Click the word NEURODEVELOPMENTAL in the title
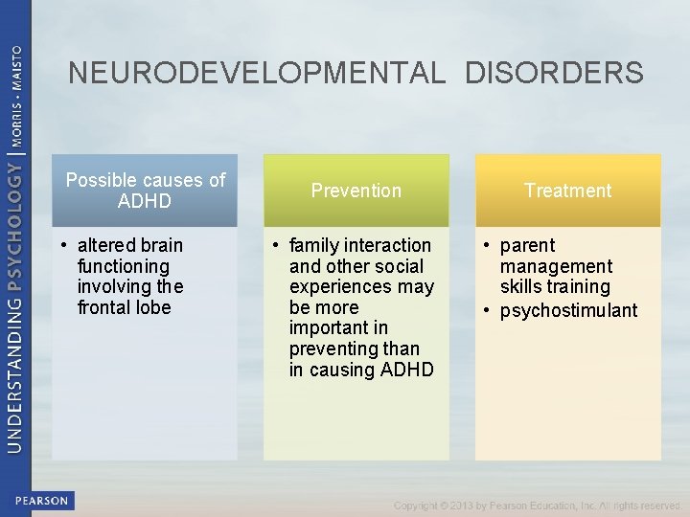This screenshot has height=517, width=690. [x=257, y=73]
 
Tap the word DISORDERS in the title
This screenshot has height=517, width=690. [x=555, y=73]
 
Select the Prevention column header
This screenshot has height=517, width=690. [x=356, y=191]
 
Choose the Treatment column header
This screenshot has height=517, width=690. [x=567, y=191]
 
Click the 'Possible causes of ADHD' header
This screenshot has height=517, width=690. [x=145, y=190]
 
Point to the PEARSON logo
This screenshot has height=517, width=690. [x=41, y=501]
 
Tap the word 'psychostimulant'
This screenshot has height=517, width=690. [x=568, y=310]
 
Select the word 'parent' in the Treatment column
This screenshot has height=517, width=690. [x=527, y=246]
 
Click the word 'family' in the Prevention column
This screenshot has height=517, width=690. [x=315, y=246]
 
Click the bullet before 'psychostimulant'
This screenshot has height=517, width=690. [x=488, y=310]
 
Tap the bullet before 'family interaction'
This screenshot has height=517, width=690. [x=275, y=246]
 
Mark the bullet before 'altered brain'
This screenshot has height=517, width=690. [x=62, y=246]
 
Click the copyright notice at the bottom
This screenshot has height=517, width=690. [x=537, y=506]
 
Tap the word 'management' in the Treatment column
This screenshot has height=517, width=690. [x=556, y=266]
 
